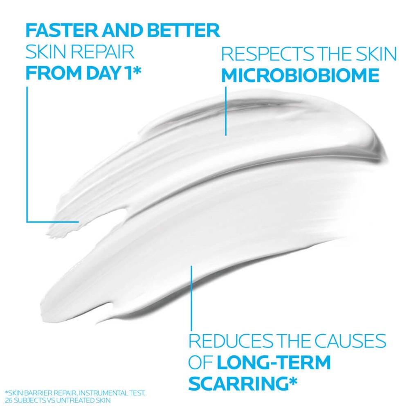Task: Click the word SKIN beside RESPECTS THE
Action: click(373, 54)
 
